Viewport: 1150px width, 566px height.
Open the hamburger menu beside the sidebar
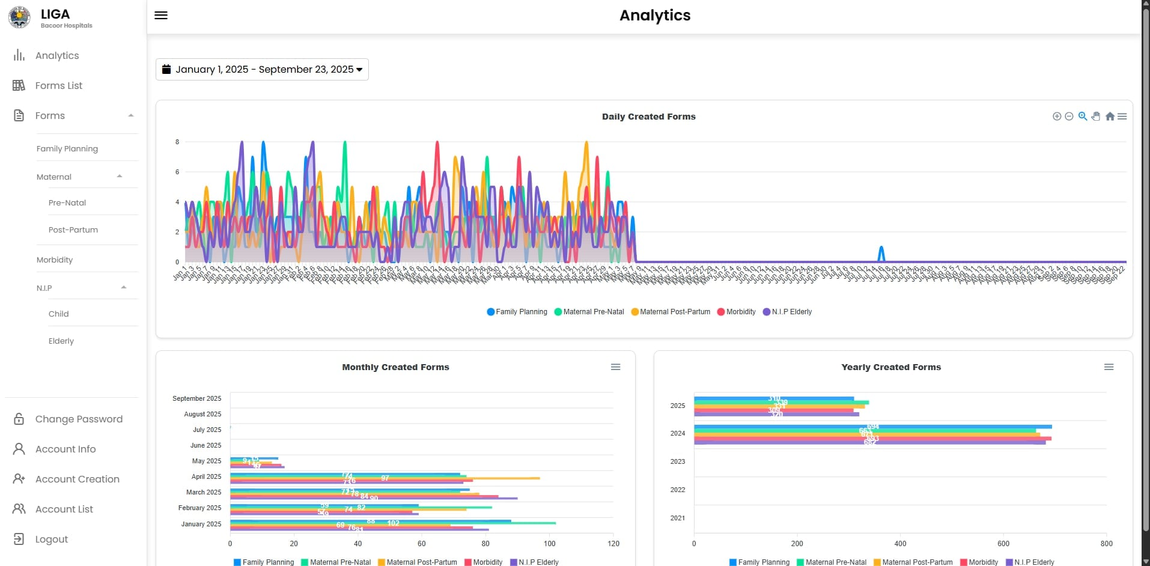tap(161, 16)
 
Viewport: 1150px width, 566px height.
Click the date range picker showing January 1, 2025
tap(262, 70)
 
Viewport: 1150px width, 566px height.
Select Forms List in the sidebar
tap(58, 86)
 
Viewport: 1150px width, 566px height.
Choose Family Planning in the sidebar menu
tap(67, 149)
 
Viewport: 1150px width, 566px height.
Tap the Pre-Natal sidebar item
tap(67, 203)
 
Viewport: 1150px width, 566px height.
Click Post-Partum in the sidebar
tap(73, 230)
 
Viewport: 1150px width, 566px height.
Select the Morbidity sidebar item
tap(54, 260)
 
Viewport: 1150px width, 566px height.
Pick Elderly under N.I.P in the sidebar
tap(61, 341)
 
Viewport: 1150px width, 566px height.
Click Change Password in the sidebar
tap(78, 419)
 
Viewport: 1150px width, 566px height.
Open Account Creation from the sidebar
tap(77, 479)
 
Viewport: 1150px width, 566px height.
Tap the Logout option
tap(51, 540)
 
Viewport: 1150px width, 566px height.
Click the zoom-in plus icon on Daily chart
tap(1056, 117)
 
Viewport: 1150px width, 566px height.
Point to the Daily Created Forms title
tap(648, 117)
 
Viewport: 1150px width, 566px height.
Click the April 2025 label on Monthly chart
tap(206, 476)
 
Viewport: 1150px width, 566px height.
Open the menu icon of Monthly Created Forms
tap(615, 367)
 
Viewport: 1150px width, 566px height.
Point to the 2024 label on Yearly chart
tap(677, 433)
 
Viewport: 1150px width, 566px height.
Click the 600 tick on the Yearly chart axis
tap(1003, 544)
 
